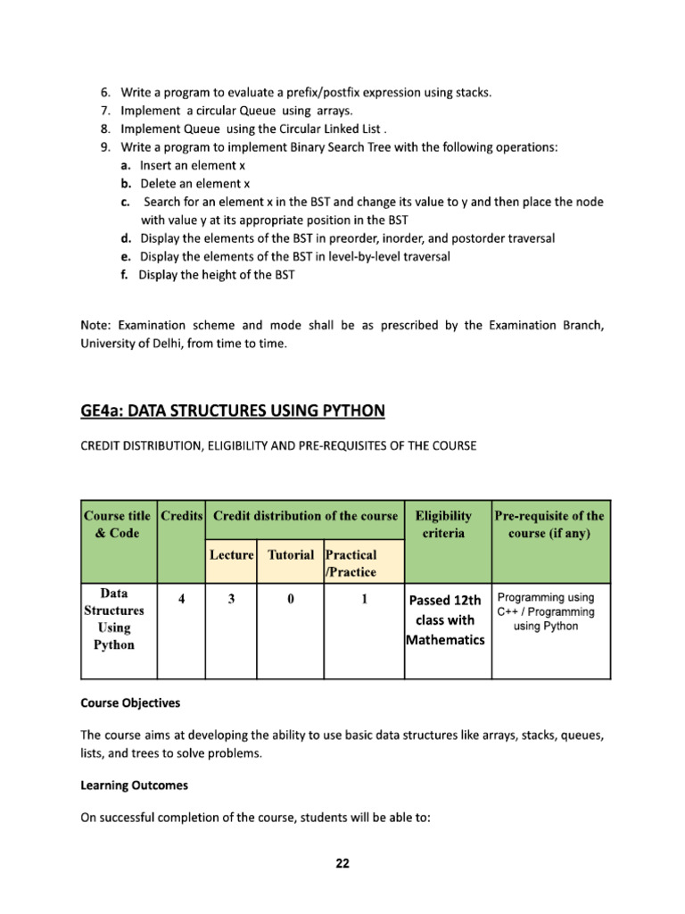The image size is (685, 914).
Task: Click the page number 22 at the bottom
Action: [x=342, y=863]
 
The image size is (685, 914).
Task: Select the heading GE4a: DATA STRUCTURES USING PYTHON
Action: [x=233, y=411]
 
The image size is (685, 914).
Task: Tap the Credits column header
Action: [x=181, y=516]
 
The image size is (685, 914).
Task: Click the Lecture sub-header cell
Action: [x=232, y=554]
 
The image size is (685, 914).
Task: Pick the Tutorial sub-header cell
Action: [x=291, y=554]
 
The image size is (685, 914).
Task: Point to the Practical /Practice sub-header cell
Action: [x=351, y=563]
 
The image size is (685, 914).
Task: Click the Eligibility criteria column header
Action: [x=448, y=524]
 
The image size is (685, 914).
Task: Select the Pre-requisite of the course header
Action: [x=549, y=524]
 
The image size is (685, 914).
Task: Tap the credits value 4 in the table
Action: [x=181, y=600]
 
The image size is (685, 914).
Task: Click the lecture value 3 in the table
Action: [x=231, y=600]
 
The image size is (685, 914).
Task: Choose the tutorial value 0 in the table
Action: [x=291, y=600]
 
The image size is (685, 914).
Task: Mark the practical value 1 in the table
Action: [x=364, y=600]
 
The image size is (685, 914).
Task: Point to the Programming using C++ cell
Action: [x=546, y=611]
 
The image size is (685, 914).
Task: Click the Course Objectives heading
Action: [x=130, y=702]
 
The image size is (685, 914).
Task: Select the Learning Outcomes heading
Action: [x=134, y=786]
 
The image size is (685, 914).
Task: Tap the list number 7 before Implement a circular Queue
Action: [x=104, y=111]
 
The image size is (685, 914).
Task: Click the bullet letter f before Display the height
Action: [x=124, y=275]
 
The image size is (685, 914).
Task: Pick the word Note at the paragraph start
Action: [x=95, y=325]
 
